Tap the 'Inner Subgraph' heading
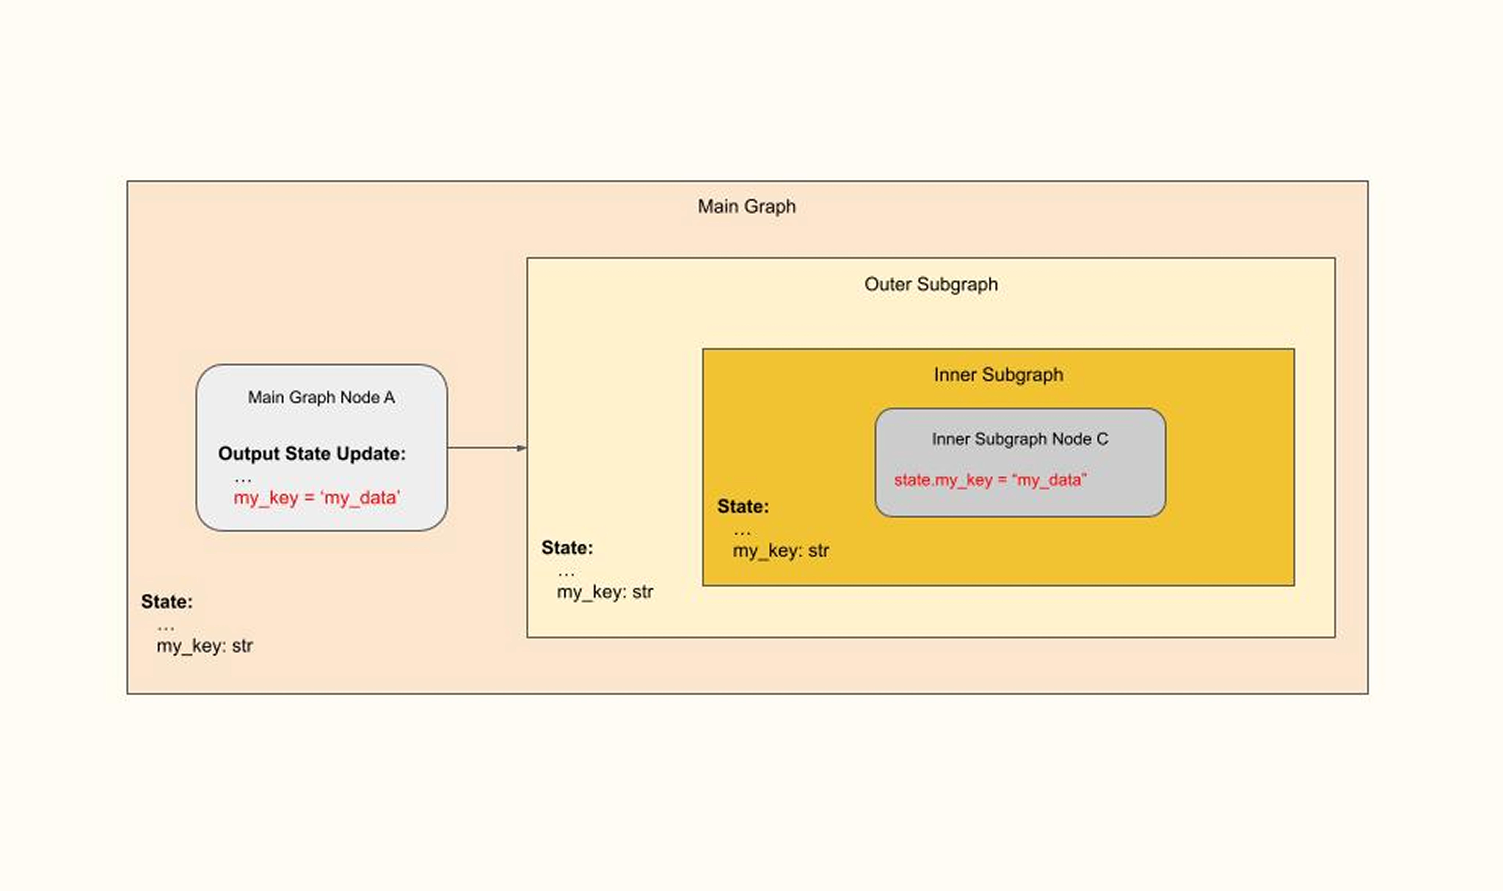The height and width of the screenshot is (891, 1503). pos(998,375)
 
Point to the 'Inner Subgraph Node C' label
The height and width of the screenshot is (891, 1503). pos(1020,439)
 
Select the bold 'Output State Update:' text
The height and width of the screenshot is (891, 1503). pos(312,453)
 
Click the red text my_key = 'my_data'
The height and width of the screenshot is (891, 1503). pos(316,498)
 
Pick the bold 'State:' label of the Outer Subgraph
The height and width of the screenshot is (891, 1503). pos(567,548)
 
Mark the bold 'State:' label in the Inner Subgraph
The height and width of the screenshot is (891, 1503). pos(743,506)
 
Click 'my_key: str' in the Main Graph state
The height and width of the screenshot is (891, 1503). pos(204,646)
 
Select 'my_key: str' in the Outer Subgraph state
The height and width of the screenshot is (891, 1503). pos(605,592)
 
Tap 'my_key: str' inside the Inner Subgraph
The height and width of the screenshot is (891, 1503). pos(781,551)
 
